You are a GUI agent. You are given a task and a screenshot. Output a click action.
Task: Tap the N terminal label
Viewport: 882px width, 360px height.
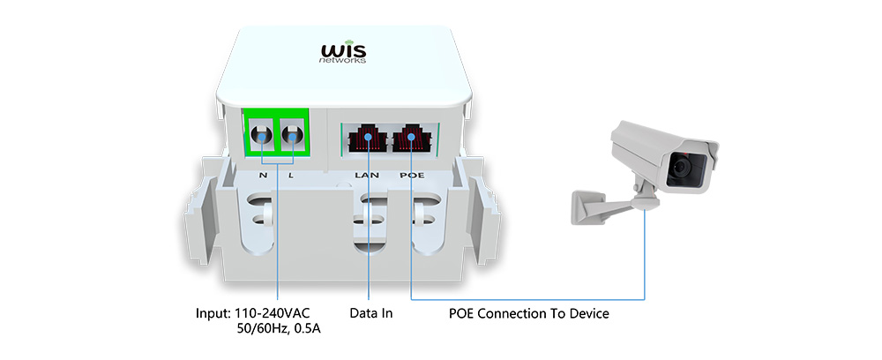tap(263, 176)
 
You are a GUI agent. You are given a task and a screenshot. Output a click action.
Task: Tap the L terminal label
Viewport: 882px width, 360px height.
tap(293, 176)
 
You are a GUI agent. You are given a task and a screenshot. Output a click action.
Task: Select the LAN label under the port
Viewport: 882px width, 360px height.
tap(367, 176)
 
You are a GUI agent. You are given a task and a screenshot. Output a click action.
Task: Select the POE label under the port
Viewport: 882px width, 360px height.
tap(412, 176)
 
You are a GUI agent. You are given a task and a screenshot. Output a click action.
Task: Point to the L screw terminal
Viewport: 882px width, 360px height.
tap(292, 136)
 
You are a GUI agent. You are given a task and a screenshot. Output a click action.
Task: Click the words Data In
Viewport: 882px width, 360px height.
tap(370, 313)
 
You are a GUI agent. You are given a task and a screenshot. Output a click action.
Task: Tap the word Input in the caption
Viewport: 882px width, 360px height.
tap(213, 313)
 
